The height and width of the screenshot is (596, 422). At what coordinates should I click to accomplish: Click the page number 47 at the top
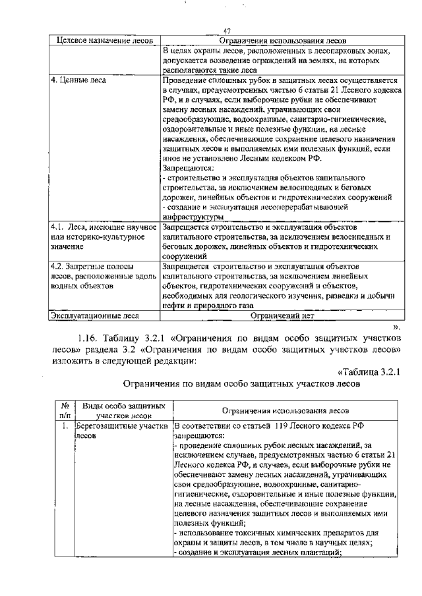coord(227,32)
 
